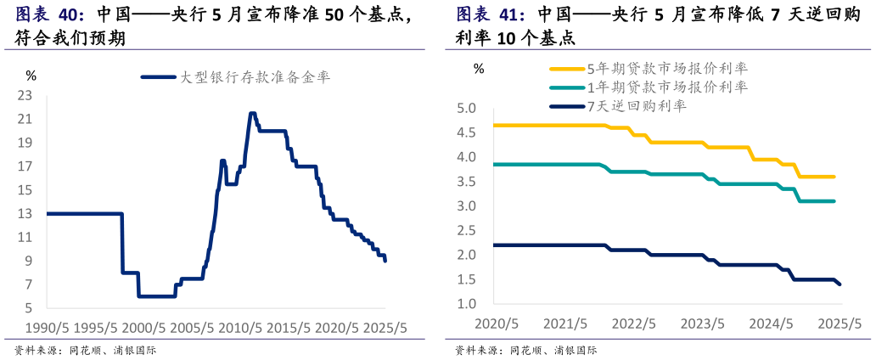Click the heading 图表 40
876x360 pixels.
coord(50,15)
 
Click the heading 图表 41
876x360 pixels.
coord(491,15)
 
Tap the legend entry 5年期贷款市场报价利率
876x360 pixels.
coord(667,69)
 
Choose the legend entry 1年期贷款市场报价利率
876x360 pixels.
coord(667,87)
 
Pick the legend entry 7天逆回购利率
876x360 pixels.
coord(637,106)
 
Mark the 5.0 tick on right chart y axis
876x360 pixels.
coord(467,109)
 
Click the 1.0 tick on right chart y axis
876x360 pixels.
coord(467,304)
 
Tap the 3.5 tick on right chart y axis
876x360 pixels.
coord(467,183)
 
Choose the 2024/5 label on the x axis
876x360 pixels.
coord(772,323)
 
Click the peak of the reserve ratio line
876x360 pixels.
coord(252,113)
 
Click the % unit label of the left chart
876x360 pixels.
coord(31,76)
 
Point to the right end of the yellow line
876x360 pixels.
coord(834,177)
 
